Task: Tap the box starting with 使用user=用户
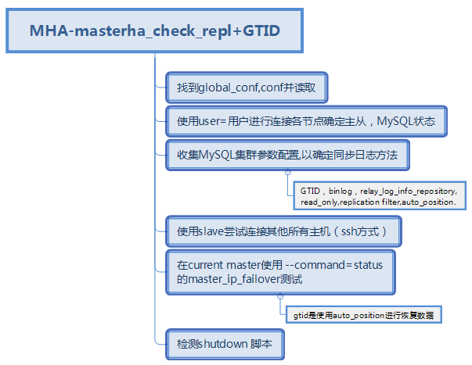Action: coord(306,122)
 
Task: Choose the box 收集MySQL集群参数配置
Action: coord(287,155)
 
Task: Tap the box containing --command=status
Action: coord(279,272)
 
